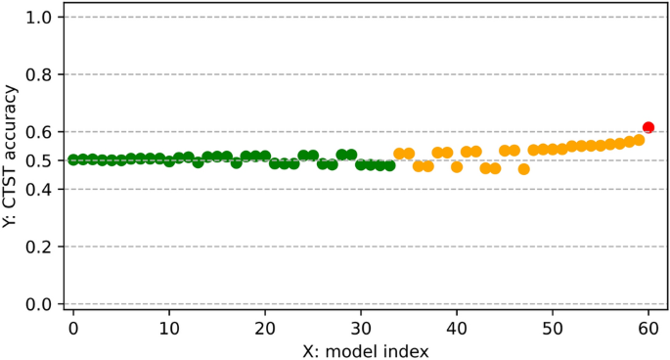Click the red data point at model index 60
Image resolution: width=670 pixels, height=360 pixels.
click(x=648, y=127)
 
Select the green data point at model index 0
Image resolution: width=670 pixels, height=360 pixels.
click(x=73, y=159)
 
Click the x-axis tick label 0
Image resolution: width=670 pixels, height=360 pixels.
click(x=73, y=325)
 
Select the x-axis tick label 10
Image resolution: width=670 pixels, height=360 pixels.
click(x=169, y=325)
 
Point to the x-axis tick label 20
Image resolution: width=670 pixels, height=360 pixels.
click(x=265, y=325)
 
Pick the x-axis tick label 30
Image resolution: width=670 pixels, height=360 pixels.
click(x=361, y=325)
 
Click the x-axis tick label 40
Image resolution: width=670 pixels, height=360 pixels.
click(x=457, y=325)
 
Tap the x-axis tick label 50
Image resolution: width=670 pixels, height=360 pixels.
click(x=553, y=325)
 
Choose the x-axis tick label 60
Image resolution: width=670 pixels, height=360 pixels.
click(x=648, y=325)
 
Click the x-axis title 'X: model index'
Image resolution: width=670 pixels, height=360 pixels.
click(x=360, y=347)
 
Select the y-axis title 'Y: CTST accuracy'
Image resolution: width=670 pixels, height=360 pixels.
click(x=12, y=160)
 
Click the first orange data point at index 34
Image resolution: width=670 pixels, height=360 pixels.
click(x=399, y=154)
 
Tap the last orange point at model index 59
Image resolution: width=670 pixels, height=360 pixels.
click(x=639, y=140)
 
